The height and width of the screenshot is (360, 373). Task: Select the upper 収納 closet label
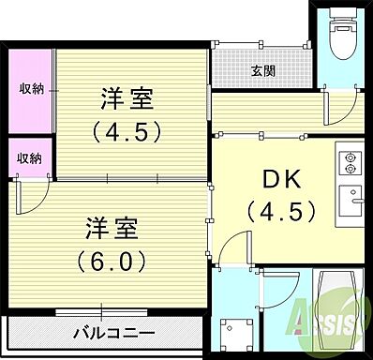tap(32, 89)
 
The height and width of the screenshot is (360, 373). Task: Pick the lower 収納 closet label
tap(30, 157)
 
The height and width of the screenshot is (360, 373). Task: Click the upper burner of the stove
tap(351, 157)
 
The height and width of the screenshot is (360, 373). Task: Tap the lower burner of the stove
tap(351, 170)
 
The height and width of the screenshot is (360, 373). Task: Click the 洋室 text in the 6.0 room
tap(112, 227)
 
